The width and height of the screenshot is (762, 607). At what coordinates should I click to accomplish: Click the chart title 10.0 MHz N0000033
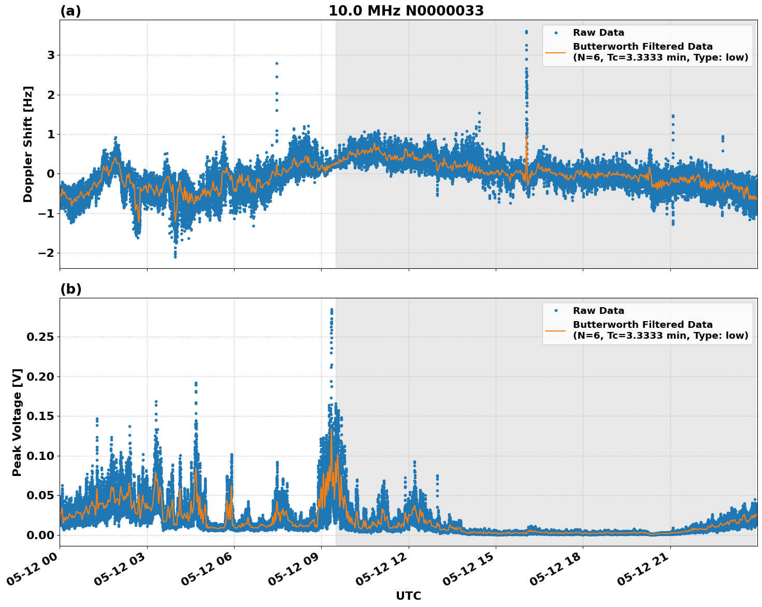pyautogui.click(x=406, y=11)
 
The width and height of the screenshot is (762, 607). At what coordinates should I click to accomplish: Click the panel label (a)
pyautogui.click(x=70, y=11)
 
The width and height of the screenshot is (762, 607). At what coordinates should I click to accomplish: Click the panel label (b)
pyautogui.click(x=70, y=289)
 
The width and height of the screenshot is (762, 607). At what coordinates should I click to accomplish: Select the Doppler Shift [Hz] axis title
pyautogui.click(x=28, y=144)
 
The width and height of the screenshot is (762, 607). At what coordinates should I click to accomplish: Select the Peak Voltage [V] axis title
pyautogui.click(x=17, y=422)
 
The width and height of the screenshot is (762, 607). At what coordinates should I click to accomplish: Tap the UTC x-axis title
pyautogui.click(x=408, y=596)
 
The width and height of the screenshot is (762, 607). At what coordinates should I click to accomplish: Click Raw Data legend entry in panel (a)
pyautogui.click(x=598, y=33)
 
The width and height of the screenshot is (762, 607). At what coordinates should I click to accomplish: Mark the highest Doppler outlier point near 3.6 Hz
pyautogui.click(x=526, y=32)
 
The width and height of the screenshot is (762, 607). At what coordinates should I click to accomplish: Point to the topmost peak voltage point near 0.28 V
pyautogui.click(x=332, y=310)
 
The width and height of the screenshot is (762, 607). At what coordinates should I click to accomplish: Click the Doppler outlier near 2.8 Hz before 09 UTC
pyautogui.click(x=277, y=63)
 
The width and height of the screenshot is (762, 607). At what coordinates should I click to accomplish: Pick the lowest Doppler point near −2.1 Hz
pyautogui.click(x=175, y=256)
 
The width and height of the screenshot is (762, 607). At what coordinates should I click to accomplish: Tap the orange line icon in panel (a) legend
pyautogui.click(x=556, y=52)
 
